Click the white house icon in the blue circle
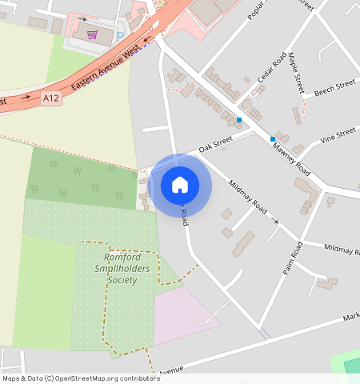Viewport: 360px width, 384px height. click(180, 185)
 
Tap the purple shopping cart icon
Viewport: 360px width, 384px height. click(93, 34)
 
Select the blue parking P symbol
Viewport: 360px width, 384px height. click(121, 35)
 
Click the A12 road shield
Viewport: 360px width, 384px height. click(51, 98)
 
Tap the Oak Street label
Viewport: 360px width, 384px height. click(215, 144)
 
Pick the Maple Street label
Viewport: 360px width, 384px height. click(297, 72)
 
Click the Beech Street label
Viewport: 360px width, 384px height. click(334, 86)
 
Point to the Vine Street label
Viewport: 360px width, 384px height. click(337, 134)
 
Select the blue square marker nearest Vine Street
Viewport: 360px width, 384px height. click(273, 139)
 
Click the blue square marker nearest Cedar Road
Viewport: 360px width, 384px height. click(238, 120)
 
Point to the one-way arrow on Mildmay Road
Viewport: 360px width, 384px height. click(275, 219)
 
